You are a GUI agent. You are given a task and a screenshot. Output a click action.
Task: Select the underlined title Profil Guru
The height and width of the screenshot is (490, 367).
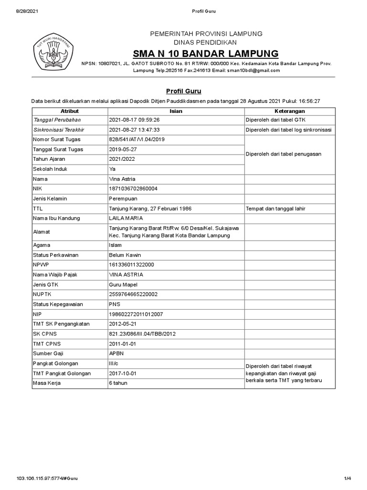tap(183, 90)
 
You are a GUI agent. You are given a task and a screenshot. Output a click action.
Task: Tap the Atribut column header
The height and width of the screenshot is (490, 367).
tap(70, 111)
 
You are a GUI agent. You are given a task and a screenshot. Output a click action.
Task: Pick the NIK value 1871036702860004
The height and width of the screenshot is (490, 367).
tap(133, 189)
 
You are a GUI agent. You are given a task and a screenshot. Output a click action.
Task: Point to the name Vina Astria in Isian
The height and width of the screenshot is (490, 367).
tap(123, 178)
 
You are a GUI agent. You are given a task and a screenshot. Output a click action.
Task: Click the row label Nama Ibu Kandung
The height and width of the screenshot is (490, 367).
tap(56, 218)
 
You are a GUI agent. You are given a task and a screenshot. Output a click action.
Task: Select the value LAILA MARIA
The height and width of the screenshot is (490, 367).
tap(126, 218)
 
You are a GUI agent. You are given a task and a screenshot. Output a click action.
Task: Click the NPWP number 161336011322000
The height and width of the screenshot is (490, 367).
tap(132, 265)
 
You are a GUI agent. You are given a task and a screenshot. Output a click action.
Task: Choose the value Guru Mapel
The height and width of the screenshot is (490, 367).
tap(123, 284)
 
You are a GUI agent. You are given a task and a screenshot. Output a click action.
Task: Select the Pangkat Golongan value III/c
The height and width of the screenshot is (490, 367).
tap(115, 363)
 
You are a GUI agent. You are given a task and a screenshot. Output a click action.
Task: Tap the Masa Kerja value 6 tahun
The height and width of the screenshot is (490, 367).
tap(119, 383)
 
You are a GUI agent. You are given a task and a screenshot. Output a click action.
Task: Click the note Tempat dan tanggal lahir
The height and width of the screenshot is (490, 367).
tap(275, 209)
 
